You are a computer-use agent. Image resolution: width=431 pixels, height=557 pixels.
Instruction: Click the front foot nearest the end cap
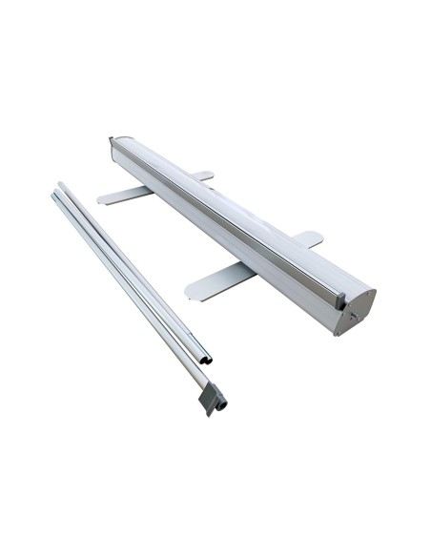[x=217, y=280]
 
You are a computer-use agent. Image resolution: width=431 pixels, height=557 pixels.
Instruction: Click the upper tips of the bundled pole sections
[x=57, y=191]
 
